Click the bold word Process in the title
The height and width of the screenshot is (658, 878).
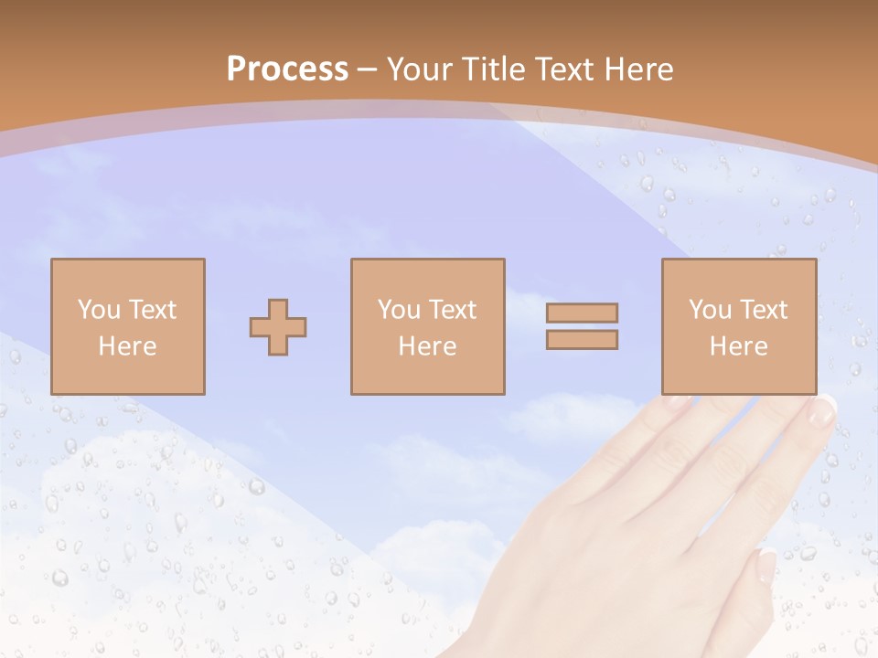pos(287,69)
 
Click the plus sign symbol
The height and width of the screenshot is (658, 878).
pos(278,327)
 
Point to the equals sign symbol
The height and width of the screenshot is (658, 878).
pos(582,326)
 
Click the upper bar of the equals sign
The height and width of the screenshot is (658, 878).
pos(582,313)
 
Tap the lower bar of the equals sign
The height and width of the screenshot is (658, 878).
pos(582,339)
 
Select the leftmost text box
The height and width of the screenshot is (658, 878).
pos(128,326)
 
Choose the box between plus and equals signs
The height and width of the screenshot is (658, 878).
pos(428,326)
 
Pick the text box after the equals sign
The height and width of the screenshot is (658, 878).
pos(739,326)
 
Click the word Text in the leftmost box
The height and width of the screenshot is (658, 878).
pos(152,310)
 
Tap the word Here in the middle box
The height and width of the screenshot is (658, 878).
pos(428,346)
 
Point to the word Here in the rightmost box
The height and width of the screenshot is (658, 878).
pos(739,346)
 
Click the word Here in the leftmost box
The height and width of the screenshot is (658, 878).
pos(128,346)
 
